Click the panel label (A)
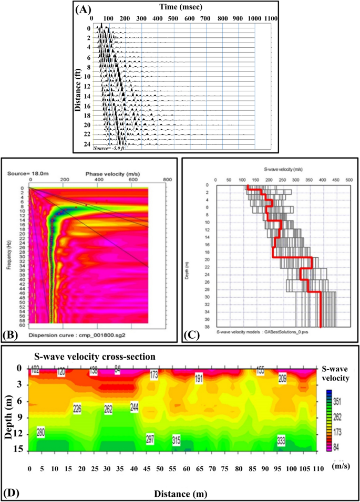click(x=85, y=9)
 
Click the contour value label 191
click(x=199, y=379)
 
